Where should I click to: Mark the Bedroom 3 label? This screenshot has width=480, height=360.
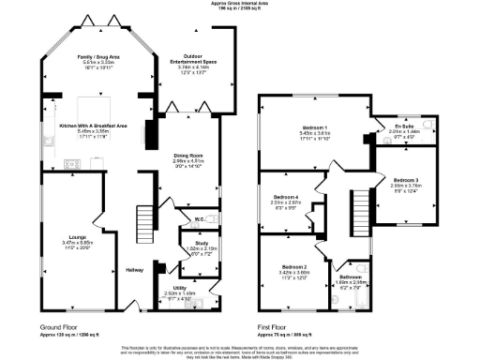(x=406, y=179)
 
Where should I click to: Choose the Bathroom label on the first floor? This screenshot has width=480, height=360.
(x=351, y=277)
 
